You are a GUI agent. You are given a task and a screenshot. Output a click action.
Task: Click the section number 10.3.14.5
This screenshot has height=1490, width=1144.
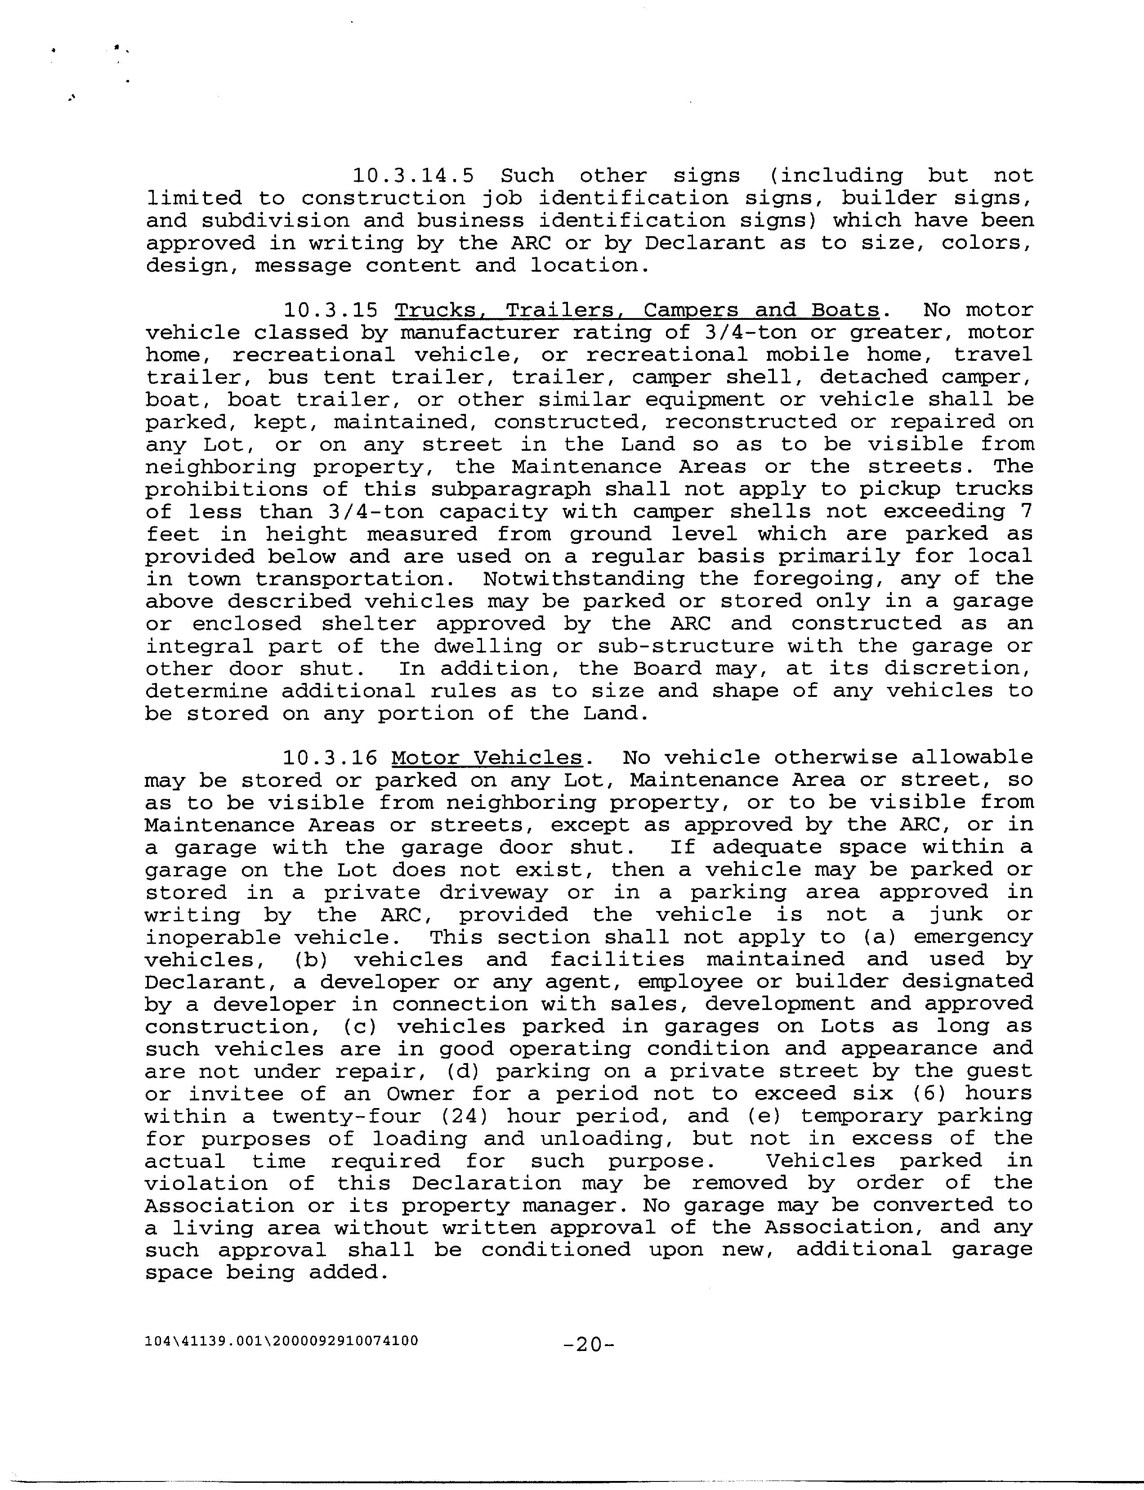click(x=413, y=176)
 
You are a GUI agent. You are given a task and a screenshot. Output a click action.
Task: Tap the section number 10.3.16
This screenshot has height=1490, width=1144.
click(x=330, y=758)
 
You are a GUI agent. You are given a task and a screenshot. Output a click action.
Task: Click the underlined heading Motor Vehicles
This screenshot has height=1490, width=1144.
click(x=487, y=758)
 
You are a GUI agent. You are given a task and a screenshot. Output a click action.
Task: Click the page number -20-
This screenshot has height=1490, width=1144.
click(x=589, y=1344)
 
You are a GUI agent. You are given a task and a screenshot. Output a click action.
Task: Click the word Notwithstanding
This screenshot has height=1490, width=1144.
click(x=583, y=579)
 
